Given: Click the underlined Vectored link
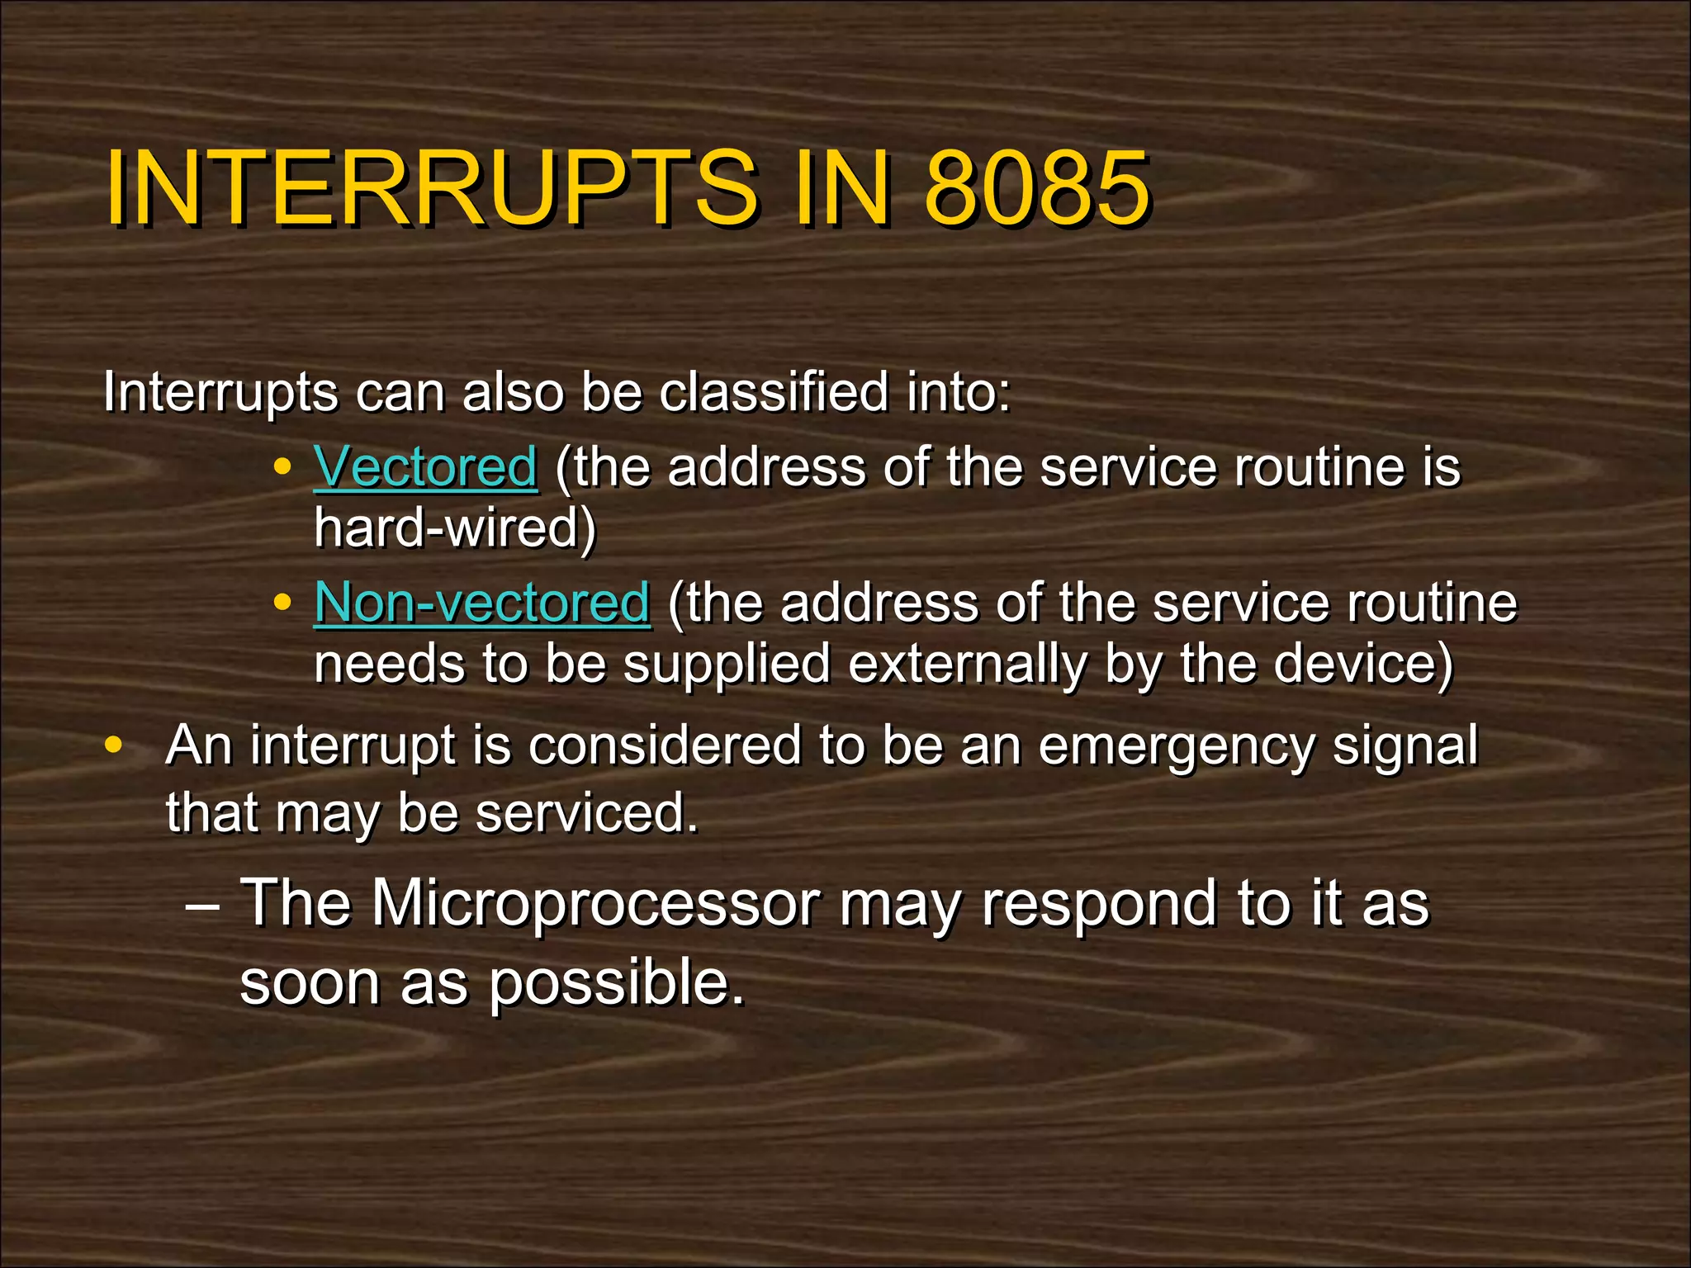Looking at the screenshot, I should [426, 467].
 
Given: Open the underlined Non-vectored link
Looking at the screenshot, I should [482, 603].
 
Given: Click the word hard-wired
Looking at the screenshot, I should [455, 528].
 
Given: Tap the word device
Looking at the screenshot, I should [1362, 664].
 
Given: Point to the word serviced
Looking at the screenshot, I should [587, 812].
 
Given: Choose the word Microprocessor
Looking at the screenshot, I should [595, 903].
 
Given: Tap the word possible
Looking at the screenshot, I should [616, 984].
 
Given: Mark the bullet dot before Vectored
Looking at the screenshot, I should [282, 467].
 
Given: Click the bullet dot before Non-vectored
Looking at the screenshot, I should [282, 603].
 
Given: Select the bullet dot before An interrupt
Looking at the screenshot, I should [113, 745].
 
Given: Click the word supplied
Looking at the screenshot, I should [727, 665].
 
